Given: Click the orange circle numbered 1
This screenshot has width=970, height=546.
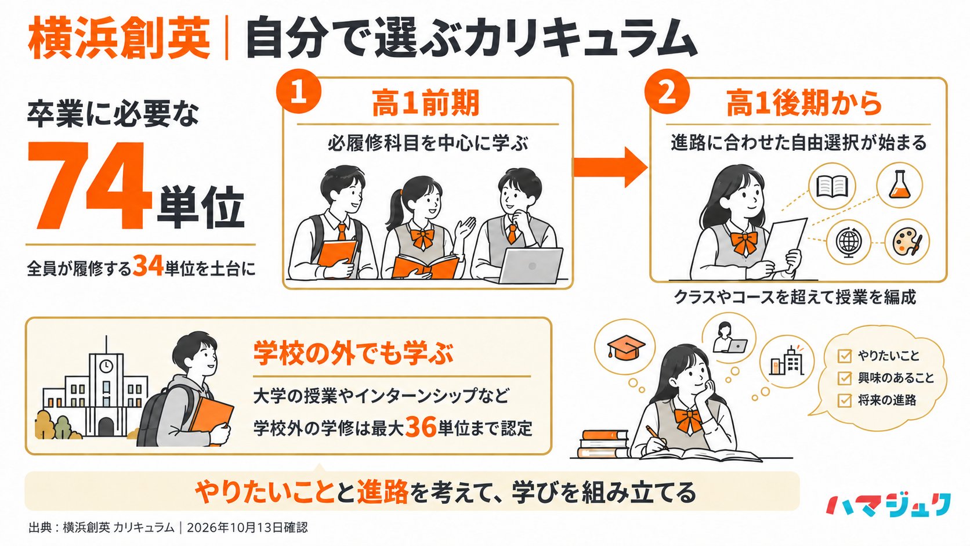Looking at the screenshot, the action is pyautogui.click(x=299, y=91).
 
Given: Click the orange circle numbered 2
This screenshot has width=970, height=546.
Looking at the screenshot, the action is pyautogui.click(x=667, y=91).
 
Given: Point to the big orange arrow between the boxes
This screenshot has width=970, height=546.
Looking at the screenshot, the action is pyautogui.click(x=610, y=167).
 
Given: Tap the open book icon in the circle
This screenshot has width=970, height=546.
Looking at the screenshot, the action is pyautogui.click(x=832, y=186).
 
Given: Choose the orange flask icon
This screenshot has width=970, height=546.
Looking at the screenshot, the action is pyautogui.click(x=899, y=185).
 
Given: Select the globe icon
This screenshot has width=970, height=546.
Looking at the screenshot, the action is pyautogui.click(x=848, y=242).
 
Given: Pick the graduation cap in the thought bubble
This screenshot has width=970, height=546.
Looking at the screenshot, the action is pyautogui.click(x=625, y=346).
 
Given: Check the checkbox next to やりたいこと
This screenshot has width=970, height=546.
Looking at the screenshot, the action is pyautogui.click(x=845, y=356).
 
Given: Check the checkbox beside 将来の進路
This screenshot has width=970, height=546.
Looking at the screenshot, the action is pyautogui.click(x=845, y=400).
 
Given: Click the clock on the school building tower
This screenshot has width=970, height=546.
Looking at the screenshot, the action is pyautogui.click(x=106, y=366).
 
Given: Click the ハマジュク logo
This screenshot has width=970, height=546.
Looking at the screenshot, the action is pyautogui.click(x=888, y=505).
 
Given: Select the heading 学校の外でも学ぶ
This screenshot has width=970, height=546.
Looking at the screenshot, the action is pyautogui.click(x=353, y=353).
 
